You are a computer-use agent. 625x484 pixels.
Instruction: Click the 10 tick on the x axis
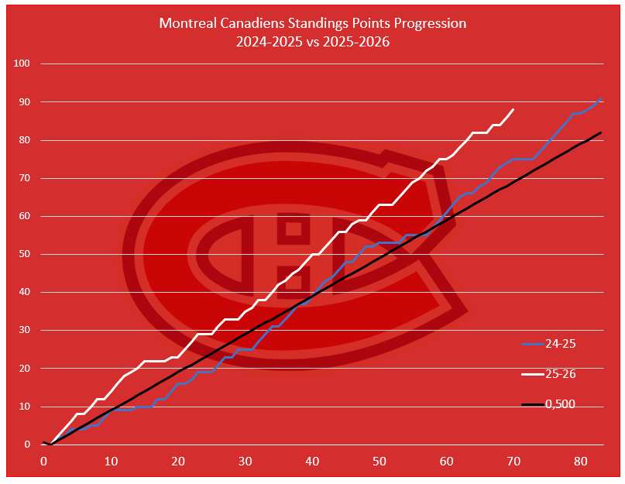pyautogui.click(x=111, y=462)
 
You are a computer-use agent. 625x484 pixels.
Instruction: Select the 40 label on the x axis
pyautogui.click(x=312, y=462)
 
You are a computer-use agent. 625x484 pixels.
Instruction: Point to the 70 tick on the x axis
pyautogui.click(x=513, y=462)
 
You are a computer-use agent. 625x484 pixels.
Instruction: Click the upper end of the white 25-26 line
pyautogui.click(x=513, y=110)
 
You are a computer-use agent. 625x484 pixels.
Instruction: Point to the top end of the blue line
pyautogui.click(x=601, y=99)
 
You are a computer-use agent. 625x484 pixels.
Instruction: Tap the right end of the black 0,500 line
pyautogui.click(x=601, y=132)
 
